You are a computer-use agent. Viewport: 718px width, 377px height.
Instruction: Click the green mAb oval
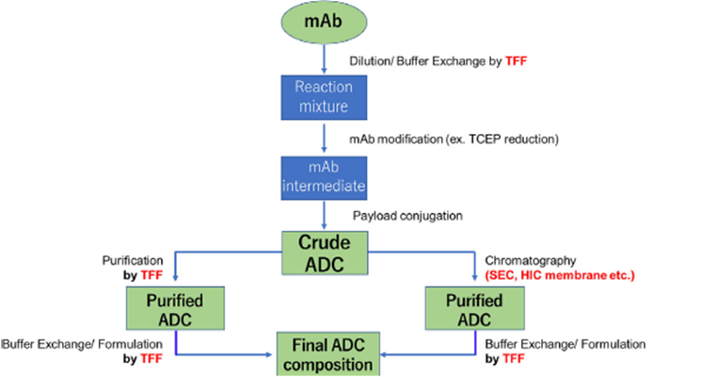pyautogui.click(x=324, y=22)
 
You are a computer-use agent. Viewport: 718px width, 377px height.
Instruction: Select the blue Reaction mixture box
pyautogui.click(x=324, y=97)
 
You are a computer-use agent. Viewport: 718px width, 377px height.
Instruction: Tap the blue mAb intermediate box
pyautogui.click(x=324, y=178)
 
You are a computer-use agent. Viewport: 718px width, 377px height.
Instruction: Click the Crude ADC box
pyautogui.click(x=325, y=253)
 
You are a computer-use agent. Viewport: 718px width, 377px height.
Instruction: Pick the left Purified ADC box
pyautogui.click(x=175, y=308)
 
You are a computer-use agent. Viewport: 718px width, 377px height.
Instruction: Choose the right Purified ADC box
pyautogui.click(x=475, y=308)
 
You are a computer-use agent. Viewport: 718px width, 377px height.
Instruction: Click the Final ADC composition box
pyautogui.click(x=328, y=354)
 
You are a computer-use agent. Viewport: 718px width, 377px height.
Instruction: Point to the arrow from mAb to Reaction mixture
pyautogui.click(x=325, y=58)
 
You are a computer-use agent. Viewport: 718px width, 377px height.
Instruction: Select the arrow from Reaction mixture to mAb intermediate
pyautogui.click(x=325, y=138)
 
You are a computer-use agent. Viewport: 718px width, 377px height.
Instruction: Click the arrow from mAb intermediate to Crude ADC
pyautogui.click(x=325, y=215)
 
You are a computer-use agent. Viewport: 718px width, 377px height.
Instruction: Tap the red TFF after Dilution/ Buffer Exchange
pyautogui.click(x=516, y=61)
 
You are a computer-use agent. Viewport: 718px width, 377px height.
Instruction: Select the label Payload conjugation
pyautogui.click(x=407, y=216)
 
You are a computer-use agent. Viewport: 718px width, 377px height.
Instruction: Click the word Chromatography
pyautogui.click(x=530, y=260)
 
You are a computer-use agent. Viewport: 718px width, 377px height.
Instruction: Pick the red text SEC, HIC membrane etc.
pyautogui.click(x=560, y=275)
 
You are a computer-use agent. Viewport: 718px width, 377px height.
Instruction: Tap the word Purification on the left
pyautogui.click(x=133, y=260)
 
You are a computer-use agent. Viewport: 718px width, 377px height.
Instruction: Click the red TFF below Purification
pyautogui.click(x=152, y=275)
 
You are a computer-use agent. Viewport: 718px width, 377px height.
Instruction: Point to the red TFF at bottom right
pyautogui.click(x=513, y=359)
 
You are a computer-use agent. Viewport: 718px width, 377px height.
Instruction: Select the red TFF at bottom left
pyautogui.click(x=152, y=359)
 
